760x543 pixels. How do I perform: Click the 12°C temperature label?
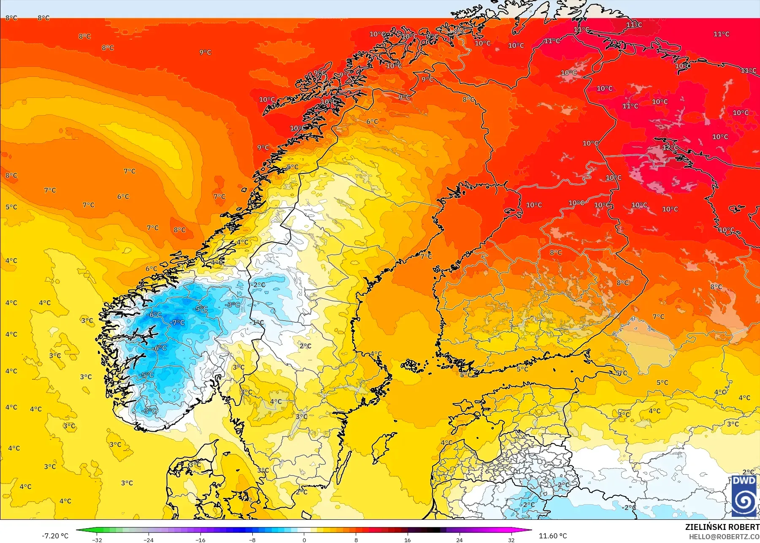[670, 148]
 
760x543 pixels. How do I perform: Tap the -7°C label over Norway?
[177, 323]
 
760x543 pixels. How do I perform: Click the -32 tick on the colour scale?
[97, 540]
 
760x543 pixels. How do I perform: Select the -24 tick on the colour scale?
[149, 540]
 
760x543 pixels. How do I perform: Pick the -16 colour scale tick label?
[200, 540]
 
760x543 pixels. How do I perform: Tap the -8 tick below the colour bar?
[252, 540]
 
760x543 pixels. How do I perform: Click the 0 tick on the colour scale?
[304, 540]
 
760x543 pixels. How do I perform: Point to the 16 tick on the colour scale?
[407, 540]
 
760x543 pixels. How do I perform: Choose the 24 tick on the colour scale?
[459, 540]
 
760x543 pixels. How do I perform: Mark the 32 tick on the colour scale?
[511, 540]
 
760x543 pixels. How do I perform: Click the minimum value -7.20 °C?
[55, 536]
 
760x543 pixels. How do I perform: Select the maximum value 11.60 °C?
[553, 536]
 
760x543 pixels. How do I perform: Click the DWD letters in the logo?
[744, 481]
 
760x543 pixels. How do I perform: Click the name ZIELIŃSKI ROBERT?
[722, 527]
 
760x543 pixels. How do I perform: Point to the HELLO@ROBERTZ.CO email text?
[724, 537]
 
